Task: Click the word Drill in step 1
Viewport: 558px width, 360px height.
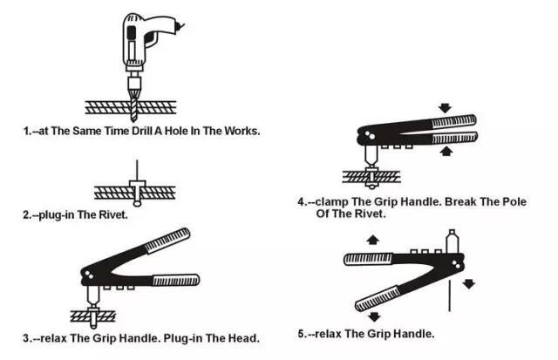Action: pos(142,131)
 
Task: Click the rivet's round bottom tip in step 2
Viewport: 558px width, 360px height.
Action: pos(137,204)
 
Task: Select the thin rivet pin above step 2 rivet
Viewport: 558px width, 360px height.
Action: pos(137,170)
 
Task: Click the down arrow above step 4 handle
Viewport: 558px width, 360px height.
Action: pos(445,108)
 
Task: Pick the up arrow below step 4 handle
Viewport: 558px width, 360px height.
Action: pos(446,152)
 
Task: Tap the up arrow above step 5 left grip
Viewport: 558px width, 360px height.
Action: pos(372,240)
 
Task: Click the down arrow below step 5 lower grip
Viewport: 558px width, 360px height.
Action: pos(374,316)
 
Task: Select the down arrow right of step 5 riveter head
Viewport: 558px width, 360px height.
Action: pos(469,284)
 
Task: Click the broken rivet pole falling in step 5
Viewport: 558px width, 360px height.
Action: pos(450,296)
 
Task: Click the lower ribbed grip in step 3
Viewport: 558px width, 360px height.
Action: pos(176,280)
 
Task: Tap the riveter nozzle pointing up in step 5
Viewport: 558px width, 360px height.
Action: pos(452,241)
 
